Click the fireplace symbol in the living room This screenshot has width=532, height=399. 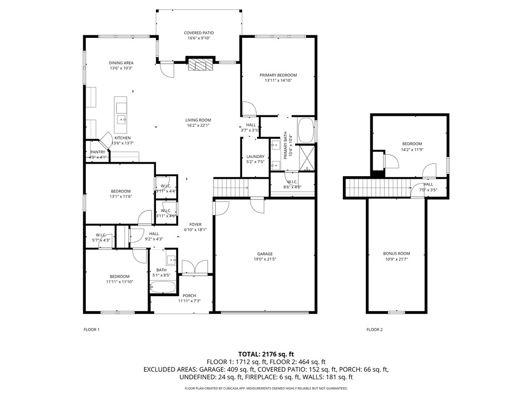click(201, 64)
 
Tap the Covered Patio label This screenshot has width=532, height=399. click(198, 33)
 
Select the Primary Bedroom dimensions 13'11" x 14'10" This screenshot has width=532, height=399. click(278, 81)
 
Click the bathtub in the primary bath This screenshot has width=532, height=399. click(305, 130)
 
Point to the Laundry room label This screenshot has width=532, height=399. click(255, 156)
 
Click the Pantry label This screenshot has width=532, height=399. click(98, 152)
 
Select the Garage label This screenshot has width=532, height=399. click(264, 254)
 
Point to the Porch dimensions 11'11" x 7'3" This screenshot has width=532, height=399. click(190, 301)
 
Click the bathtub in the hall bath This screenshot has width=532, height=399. click(163, 287)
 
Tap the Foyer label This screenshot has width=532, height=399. click(195, 224)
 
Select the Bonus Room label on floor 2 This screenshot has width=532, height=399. click(396, 254)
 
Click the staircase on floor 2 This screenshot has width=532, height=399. click(378, 187)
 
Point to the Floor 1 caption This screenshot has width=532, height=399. click(91, 329)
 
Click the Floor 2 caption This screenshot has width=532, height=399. click(374, 329)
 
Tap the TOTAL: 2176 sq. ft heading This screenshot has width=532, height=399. click(266, 353)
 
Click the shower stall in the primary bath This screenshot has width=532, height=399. click(307, 155)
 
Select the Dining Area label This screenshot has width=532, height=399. click(121, 63)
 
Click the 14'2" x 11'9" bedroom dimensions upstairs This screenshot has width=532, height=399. click(411, 150)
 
